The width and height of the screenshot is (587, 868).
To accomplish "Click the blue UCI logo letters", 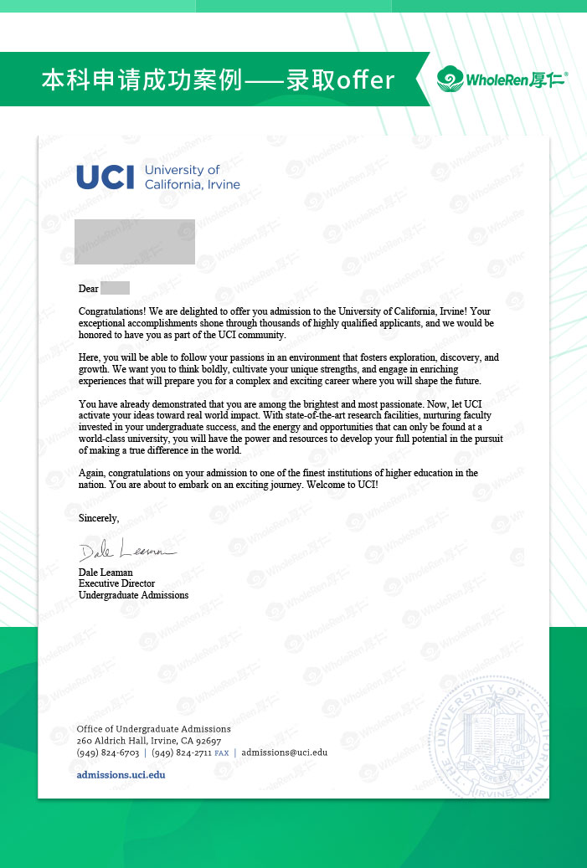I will pyautogui.click(x=107, y=177).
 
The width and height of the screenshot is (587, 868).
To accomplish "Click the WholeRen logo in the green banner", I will pyautogui.click(x=502, y=80).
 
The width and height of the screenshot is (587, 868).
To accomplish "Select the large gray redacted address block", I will pyautogui.click(x=135, y=241).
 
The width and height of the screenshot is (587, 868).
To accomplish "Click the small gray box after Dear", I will pyautogui.click(x=115, y=289).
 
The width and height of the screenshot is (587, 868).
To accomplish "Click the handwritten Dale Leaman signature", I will pyautogui.click(x=126, y=552).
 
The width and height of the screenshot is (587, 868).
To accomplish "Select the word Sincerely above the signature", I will pyautogui.click(x=99, y=518).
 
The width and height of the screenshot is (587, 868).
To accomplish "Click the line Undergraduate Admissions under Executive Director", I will pyautogui.click(x=133, y=595).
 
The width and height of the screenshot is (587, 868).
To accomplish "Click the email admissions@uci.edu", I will pyautogui.click(x=285, y=752).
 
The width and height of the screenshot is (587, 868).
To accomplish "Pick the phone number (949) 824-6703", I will pyautogui.click(x=107, y=752).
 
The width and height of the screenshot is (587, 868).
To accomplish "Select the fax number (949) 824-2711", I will pyautogui.click(x=182, y=752).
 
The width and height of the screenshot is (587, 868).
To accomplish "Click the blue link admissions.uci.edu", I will pyautogui.click(x=121, y=775).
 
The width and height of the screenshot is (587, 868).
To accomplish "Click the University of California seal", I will pyautogui.click(x=495, y=740).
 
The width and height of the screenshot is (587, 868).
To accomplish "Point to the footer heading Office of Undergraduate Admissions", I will pyautogui.click(x=153, y=729).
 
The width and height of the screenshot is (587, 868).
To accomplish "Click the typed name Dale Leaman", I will pyautogui.click(x=106, y=573).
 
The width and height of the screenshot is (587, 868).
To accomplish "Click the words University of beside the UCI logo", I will pyautogui.click(x=182, y=170).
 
